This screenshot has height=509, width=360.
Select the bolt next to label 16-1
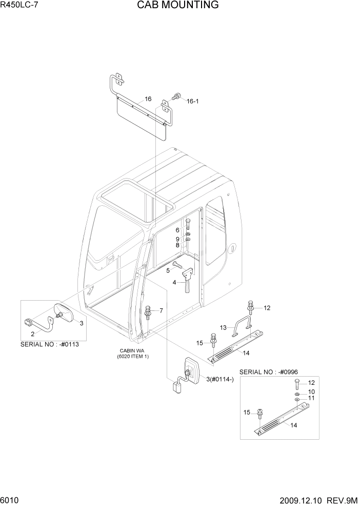coord(177,96)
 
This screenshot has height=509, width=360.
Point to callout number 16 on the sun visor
coord(148,99)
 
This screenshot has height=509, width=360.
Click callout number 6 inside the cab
coord(177,230)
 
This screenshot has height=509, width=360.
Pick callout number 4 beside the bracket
coord(174,283)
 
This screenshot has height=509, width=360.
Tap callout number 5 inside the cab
coord(168,270)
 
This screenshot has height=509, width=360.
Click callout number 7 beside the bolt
coord(161,310)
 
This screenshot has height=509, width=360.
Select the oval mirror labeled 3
coord(66,314)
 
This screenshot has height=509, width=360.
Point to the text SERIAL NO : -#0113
coord(50,344)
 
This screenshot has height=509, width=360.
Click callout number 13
coord(224,327)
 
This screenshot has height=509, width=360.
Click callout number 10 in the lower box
coord(311,392)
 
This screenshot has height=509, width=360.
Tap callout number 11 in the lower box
coord(311,399)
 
